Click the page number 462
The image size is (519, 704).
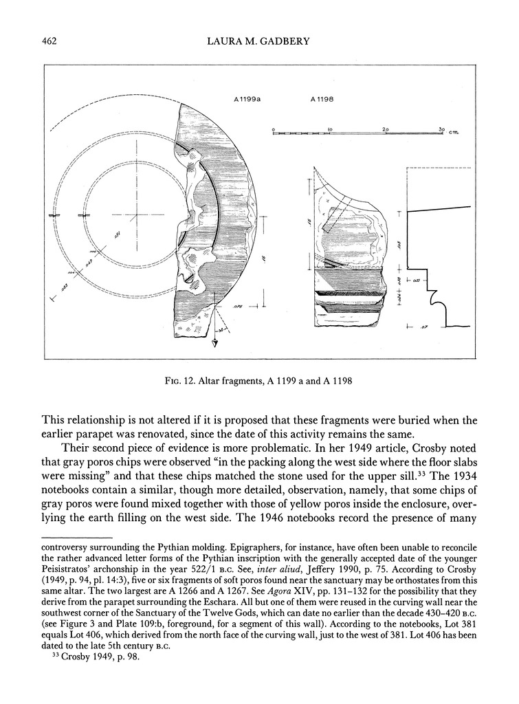48,42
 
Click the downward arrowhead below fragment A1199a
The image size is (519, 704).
214,344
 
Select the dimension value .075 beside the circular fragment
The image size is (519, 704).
238,306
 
